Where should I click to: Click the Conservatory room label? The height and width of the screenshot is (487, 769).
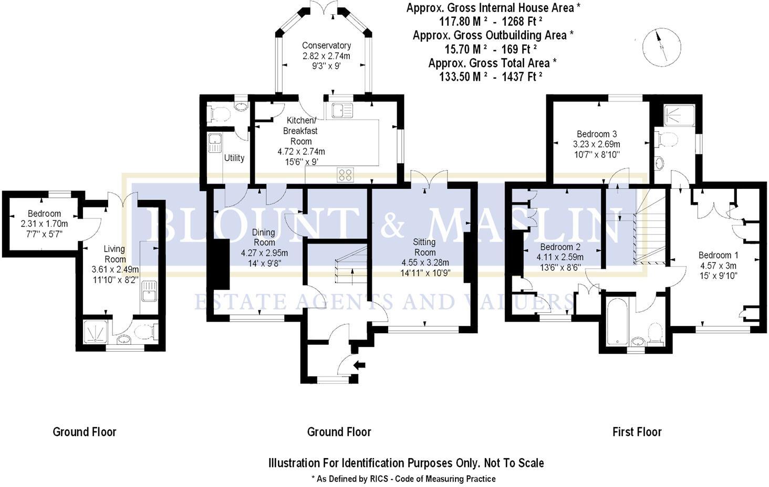click(x=326, y=46)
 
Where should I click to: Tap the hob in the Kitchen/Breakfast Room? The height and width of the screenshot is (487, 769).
click(x=345, y=174)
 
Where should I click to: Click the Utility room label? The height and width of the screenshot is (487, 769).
click(x=234, y=157)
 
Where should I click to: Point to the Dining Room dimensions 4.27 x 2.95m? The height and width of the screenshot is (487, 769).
click(x=264, y=252)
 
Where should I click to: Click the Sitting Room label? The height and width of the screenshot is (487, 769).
click(x=424, y=247)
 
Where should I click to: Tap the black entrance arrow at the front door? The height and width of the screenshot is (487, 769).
click(x=360, y=365)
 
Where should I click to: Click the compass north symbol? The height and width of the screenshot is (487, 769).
click(x=661, y=47)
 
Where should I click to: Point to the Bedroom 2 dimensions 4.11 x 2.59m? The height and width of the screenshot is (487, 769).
click(x=560, y=257)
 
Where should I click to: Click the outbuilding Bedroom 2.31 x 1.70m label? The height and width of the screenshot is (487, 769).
click(x=44, y=214)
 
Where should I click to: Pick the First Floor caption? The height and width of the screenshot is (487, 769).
click(x=637, y=432)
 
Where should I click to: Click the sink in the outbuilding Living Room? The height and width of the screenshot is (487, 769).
click(x=149, y=292)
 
